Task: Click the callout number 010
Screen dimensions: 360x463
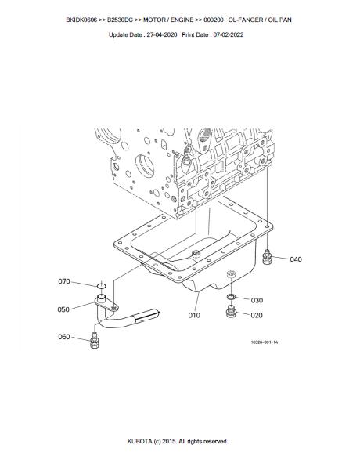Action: (x=194, y=315)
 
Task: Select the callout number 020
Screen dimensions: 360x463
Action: (x=257, y=315)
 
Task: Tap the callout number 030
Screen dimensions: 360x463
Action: (x=257, y=300)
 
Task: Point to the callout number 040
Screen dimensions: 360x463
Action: (x=296, y=259)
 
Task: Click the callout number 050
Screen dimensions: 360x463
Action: (x=63, y=309)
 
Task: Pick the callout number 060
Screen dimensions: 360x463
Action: (x=64, y=337)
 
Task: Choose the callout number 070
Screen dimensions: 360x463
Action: (x=64, y=281)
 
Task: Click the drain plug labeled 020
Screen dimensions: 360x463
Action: (x=231, y=312)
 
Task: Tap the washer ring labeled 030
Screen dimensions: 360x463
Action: (x=231, y=296)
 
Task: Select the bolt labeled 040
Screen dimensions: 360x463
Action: (x=267, y=257)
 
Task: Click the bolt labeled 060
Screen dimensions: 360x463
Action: (x=95, y=341)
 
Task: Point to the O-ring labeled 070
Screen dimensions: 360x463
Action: (x=101, y=285)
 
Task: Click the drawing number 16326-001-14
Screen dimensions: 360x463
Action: (x=265, y=342)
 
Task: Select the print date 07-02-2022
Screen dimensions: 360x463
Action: (x=229, y=34)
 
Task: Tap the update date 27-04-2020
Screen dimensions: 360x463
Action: (x=162, y=34)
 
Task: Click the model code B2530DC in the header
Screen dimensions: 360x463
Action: (x=120, y=20)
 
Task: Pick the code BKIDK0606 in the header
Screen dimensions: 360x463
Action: (x=81, y=20)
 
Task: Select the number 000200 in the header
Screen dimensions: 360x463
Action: (x=214, y=20)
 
